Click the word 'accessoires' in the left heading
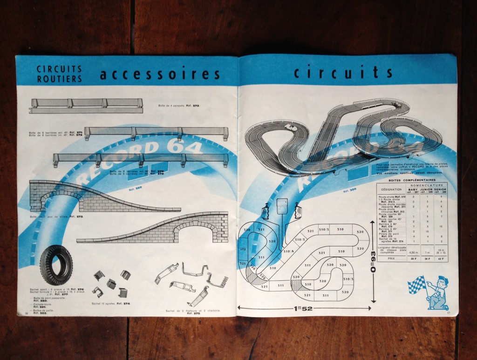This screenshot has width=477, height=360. [x=159, y=74]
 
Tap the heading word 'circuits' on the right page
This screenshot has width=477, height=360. [x=343, y=72]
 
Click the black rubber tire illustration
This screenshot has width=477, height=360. [x=56, y=265]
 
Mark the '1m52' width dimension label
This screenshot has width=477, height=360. [x=303, y=308]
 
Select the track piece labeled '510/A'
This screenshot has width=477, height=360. [x=289, y=251]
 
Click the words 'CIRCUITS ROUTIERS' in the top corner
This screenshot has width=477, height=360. [x=59, y=74]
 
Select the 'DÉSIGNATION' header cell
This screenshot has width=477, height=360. [x=390, y=190]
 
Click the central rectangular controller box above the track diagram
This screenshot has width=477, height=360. [x=282, y=205]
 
